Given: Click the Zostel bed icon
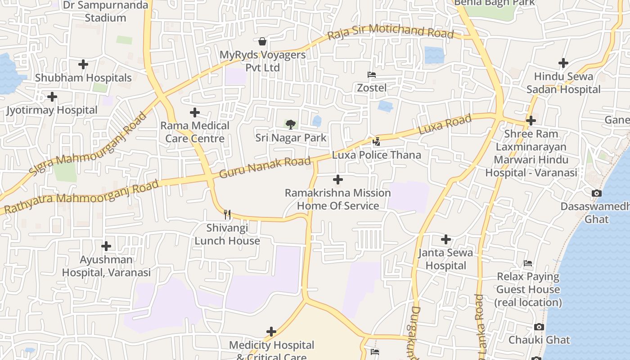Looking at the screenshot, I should point(372,75).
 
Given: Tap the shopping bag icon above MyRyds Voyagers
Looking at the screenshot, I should point(262,42).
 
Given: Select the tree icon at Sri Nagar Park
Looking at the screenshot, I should point(291,124).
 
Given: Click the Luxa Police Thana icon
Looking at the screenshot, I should point(377,141).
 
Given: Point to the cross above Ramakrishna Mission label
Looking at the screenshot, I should point(338,180).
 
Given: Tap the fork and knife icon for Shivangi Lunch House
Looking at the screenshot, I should point(227,215).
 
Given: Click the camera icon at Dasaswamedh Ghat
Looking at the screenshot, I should point(597,193).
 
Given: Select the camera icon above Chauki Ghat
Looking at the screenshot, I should point(539,327).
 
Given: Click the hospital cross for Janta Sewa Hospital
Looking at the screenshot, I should point(446,239).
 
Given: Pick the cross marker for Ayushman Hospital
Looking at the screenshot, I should point(106,246).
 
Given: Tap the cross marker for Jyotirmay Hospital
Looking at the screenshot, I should point(52,97).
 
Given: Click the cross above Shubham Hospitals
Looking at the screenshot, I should point(83,64).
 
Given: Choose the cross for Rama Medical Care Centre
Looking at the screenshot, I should point(195,112).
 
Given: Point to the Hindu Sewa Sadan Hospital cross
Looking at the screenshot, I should point(563,63).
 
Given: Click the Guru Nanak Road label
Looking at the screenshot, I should point(265,167).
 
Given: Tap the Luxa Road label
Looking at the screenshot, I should point(445,124).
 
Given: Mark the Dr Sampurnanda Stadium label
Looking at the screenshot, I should point(105,12).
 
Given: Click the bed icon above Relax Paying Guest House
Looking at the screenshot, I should point(528,263).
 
